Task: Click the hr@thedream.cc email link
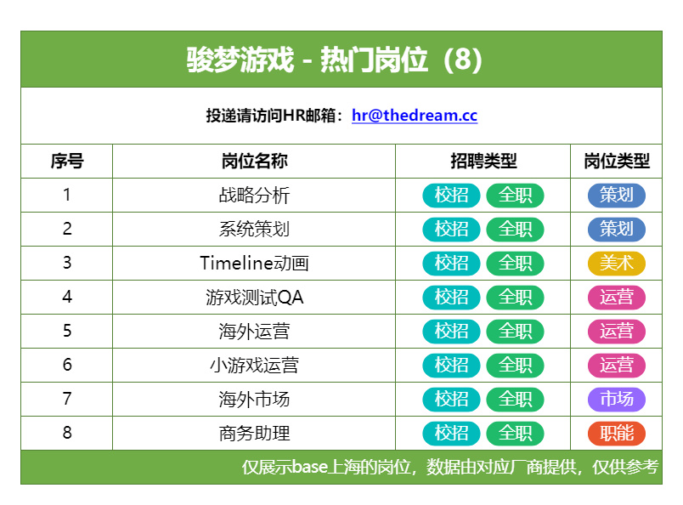pos(415,116)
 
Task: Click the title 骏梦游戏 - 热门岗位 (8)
pos(335,60)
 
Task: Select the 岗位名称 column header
pos(254,161)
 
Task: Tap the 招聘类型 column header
pos(483,161)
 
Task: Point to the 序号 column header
pos(67,161)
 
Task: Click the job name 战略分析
pos(254,195)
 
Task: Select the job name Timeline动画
pos(254,264)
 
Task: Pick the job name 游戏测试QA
pos(254,298)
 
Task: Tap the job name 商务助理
pos(254,434)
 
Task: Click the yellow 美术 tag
pos(617,263)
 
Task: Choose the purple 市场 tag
pos(617,399)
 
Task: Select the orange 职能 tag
pos(617,433)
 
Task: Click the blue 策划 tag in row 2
pos(617,229)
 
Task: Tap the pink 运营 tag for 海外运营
pos(617,331)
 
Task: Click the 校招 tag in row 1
pos(451,195)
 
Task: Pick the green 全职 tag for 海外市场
pos(516,399)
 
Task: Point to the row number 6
pos(67,365)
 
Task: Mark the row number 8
pos(67,433)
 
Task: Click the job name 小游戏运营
pos(254,366)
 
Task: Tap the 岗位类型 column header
pos(617,161)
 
